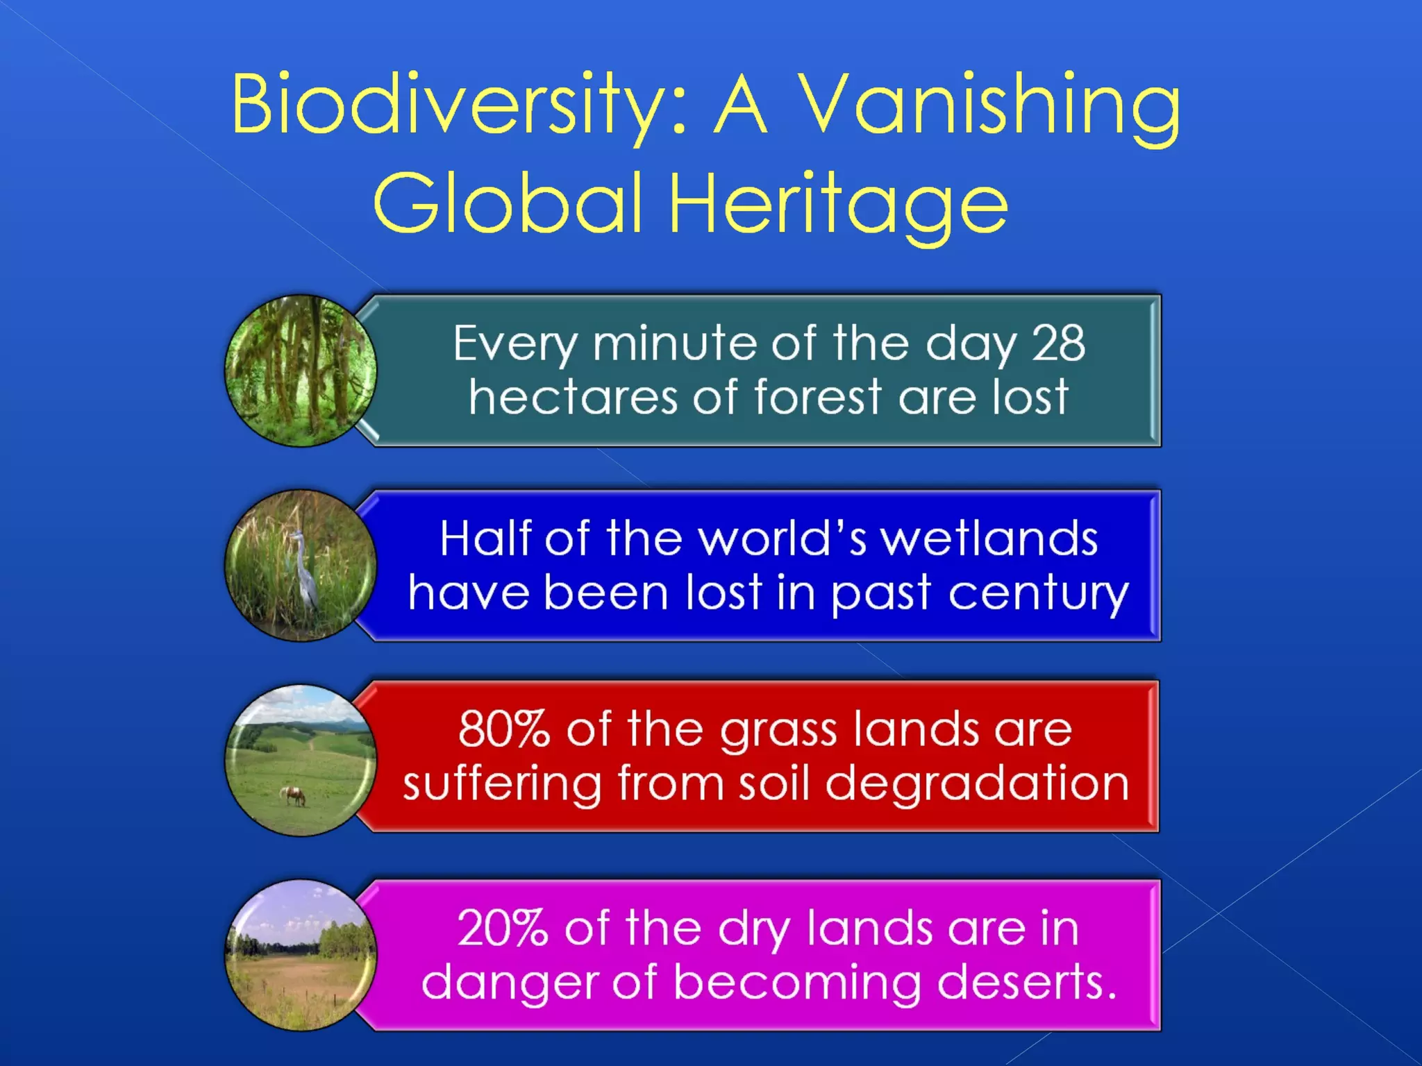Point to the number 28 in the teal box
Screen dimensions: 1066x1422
pyautogui.click(x=1057, y=343)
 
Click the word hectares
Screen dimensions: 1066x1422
pyautogui.click(x=573, y=397)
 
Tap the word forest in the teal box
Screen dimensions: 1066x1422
pyautogui.click(x=818, y=397)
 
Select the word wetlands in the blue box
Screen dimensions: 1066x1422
pyautogui.click(x=989, y=539)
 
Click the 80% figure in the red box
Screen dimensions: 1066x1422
pyautogui.click(x=504, y=729)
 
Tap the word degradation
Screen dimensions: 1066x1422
pyautogui.click(x=977, y=784)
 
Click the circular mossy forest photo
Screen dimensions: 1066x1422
pyautogui.click(x=301, y=370)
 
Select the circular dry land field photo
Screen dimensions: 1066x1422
pyautogui.click(x=301, y=955)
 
